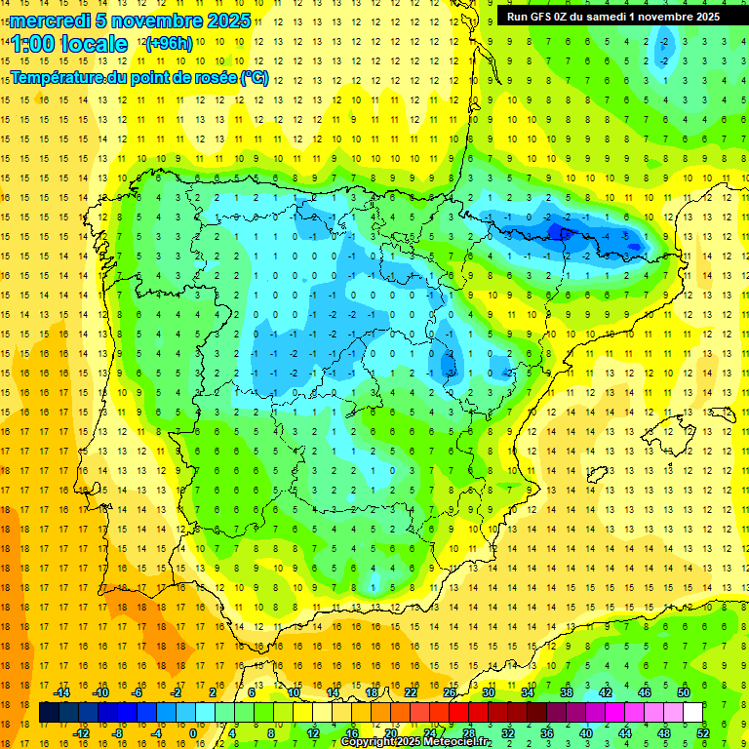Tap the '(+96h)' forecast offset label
tap(169, 44)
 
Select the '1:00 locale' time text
tap(69, 44)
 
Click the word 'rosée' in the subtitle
tap(211, 78)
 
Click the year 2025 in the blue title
tap(226, 20)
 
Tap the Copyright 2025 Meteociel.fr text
tap(416, 742)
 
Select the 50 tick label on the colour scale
tap(684, 691)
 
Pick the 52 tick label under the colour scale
tap(703, 733)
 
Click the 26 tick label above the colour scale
tap(450, 691)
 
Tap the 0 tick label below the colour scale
tap(193, 733)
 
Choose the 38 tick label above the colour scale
tap(567, 691)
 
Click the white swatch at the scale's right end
tap(693, 713)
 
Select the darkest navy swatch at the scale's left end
tap(50, 713)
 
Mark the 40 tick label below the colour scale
tap(586, 733)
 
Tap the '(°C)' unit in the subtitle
tap(254, 78)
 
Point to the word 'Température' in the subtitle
tap(57, 78)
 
